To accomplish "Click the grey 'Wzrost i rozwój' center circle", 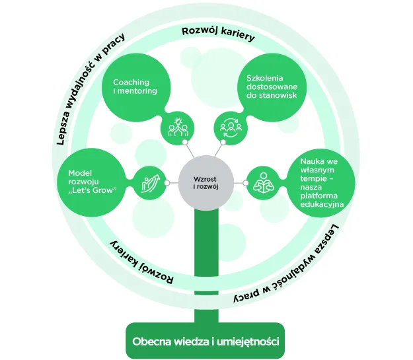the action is point(206,183).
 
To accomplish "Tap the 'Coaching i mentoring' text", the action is point(135,87).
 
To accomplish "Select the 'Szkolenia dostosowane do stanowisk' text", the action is point(272,87).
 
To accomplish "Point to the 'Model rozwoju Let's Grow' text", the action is point(93,182).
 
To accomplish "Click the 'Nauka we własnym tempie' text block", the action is point(322,183).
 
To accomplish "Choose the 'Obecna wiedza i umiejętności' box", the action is point(206,341).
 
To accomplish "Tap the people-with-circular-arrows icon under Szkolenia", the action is point(231,127).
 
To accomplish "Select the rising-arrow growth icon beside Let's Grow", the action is point(151,183).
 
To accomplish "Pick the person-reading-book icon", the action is point(264,183).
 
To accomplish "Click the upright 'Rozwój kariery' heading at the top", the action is point(218,34).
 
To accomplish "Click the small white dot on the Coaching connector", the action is point(185,143).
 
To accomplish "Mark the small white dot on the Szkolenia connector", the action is point(223,142).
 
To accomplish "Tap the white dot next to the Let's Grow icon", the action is point(167,183).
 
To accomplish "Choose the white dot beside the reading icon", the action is point(245,183).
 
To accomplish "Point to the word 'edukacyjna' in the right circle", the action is point(322,204).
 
